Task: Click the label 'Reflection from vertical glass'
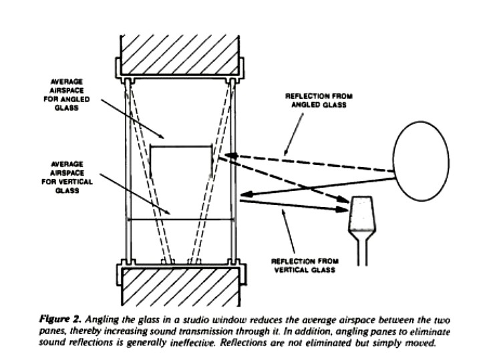[x=303, y=264]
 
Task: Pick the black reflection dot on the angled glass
[x=232, y=156]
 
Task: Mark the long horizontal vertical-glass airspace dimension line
[x=180, y=218]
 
